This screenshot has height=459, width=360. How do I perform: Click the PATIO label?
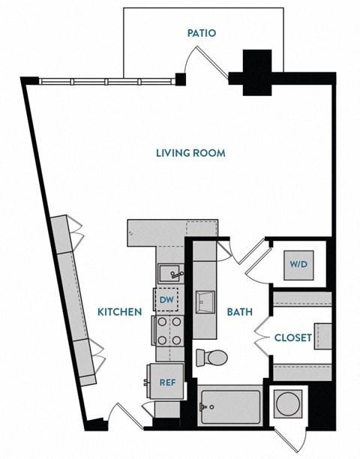click(x=202, y=33)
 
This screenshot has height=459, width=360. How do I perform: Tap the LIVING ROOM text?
click(x=190, y=154)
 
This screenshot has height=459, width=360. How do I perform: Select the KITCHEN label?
click(x=120, y=311)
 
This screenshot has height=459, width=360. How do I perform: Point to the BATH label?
click(x=239, y=311)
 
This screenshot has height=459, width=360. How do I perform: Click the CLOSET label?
click(x=292, y=337)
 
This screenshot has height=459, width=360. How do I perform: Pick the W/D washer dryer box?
click(x=298, y=264)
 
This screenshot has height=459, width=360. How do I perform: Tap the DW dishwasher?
click(x=167, y=301)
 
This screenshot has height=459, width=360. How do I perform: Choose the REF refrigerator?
click(x=166, y=382)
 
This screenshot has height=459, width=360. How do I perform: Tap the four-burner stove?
click(x=167, y=331)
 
